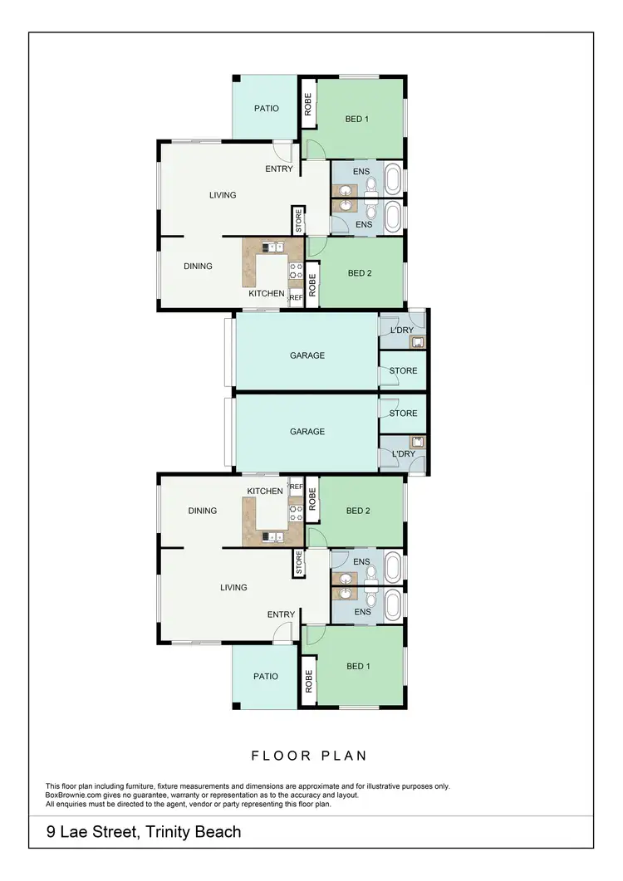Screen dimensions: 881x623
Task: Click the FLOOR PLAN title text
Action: [309, 756]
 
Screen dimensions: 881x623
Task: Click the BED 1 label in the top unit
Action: [356, 120]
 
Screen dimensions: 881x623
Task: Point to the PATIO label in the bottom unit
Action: [265, 677]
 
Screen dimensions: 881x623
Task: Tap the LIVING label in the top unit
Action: [223, 195]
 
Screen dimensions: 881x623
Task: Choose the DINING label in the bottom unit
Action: [202, 511]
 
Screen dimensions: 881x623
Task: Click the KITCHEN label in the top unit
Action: [266, 294]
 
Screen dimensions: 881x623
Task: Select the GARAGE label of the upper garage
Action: [307, 355]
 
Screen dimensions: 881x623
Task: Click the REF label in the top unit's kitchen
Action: [296, 297]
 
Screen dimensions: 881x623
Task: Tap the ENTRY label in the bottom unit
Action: [281, 614]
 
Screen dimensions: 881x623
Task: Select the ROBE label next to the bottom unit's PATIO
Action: [308, 682]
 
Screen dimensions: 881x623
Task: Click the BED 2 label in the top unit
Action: [358, 273]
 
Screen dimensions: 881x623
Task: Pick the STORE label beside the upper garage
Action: [403, 370]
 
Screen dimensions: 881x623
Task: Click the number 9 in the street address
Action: [52, 831]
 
